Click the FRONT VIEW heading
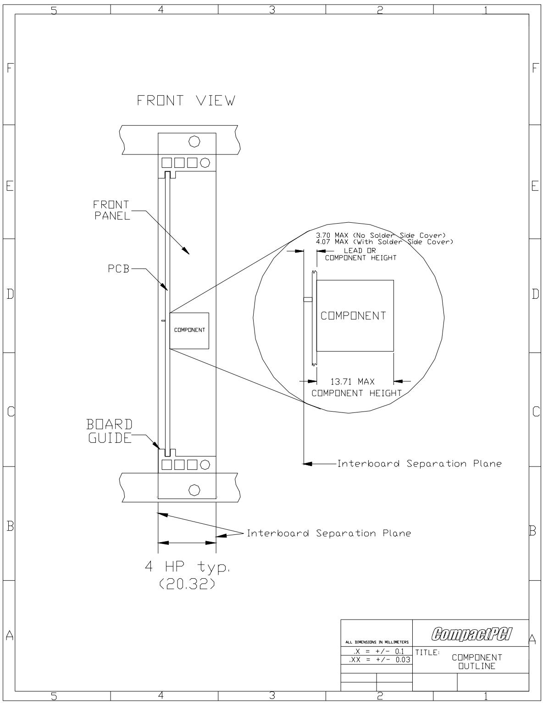186,101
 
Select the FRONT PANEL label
111,210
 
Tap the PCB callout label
119,269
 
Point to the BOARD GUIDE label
110,431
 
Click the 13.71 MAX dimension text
352,382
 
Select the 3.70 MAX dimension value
332,235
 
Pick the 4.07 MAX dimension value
332,242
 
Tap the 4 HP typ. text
188,566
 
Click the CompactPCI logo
471,634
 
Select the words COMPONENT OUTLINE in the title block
477,662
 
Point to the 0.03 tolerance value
403,659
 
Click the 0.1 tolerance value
399,652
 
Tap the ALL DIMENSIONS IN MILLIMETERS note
377,642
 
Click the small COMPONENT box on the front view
189,330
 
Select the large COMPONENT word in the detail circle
354,316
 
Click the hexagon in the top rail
194,141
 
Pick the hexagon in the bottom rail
194,490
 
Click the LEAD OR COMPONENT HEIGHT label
360,254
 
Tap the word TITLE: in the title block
427,653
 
